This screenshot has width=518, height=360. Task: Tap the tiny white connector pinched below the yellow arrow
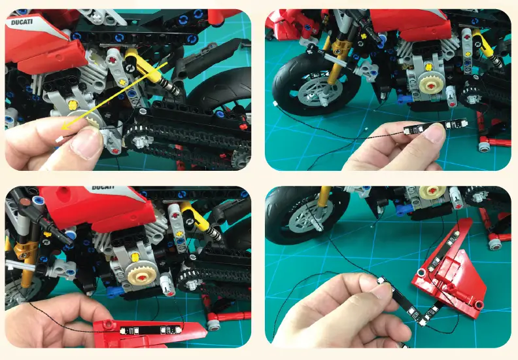[60, 139]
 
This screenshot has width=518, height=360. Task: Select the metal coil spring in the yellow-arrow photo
[171, 84]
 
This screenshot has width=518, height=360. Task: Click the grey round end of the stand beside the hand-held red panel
[213, 324]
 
